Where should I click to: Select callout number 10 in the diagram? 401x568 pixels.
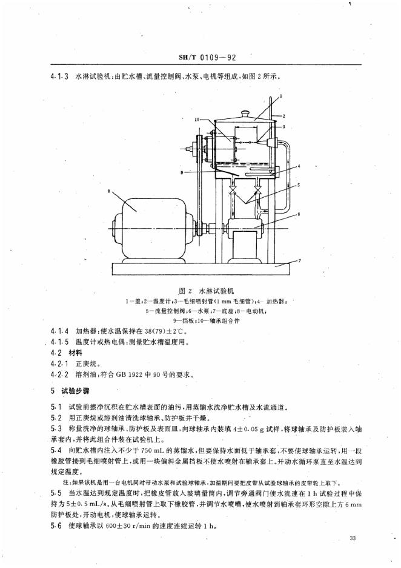pos(197,120)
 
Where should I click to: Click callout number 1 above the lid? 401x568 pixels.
pos(281,97)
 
